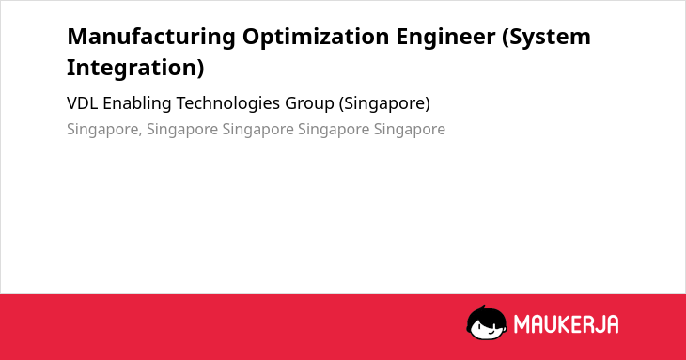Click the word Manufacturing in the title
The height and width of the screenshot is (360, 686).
tap(151, 37)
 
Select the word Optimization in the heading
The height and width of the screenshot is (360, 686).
tap(316, 38)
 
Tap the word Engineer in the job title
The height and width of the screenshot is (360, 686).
tap(445, 38)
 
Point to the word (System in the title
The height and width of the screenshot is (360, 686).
tap(546, 38)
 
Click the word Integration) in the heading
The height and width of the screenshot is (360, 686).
tap(135, 69)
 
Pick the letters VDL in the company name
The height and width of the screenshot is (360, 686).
tap(82, 103)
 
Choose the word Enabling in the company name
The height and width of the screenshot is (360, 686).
tap(137, 104)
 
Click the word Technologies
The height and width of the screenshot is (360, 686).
tap(228, 104)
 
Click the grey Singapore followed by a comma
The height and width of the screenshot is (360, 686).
tap(104, 130)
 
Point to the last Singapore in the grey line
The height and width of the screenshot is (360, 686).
tap(410, 130)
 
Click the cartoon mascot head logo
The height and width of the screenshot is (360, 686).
tap(487, 322)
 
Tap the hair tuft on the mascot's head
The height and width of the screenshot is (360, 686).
tap(482, 308)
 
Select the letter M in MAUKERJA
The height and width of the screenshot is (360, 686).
tap(522, 324)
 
